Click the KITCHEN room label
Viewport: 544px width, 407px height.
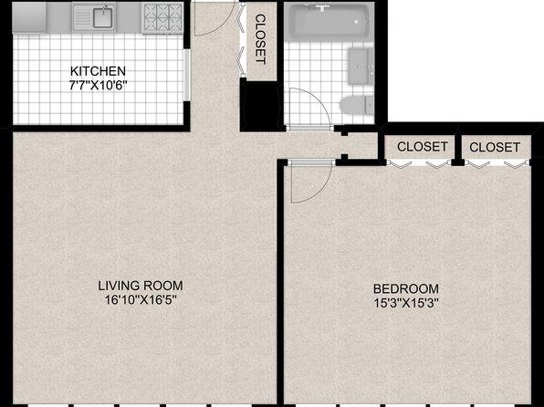click(x=98, y=71)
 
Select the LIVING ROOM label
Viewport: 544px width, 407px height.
click(x=141, y=286)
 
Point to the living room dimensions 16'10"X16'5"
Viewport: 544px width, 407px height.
click(x=141, y=300)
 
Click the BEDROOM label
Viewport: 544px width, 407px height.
click(x=406, y=288)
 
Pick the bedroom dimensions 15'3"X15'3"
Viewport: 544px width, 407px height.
click(x=406, y=303)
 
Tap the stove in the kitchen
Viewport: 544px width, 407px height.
click(x=162, y=18)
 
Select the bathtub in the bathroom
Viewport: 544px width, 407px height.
click(x=327, y=21)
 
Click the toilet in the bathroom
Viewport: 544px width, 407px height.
click(x=357, y=105)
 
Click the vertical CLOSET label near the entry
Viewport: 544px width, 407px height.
click(x=260, y=39)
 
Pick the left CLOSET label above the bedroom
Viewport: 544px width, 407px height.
click(x=423, y=146)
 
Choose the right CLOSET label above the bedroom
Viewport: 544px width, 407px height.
click(x=495, y=147)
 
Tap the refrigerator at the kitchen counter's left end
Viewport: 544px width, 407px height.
click(x=29, y=17)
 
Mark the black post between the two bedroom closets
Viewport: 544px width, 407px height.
click(x=458, y=150)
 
